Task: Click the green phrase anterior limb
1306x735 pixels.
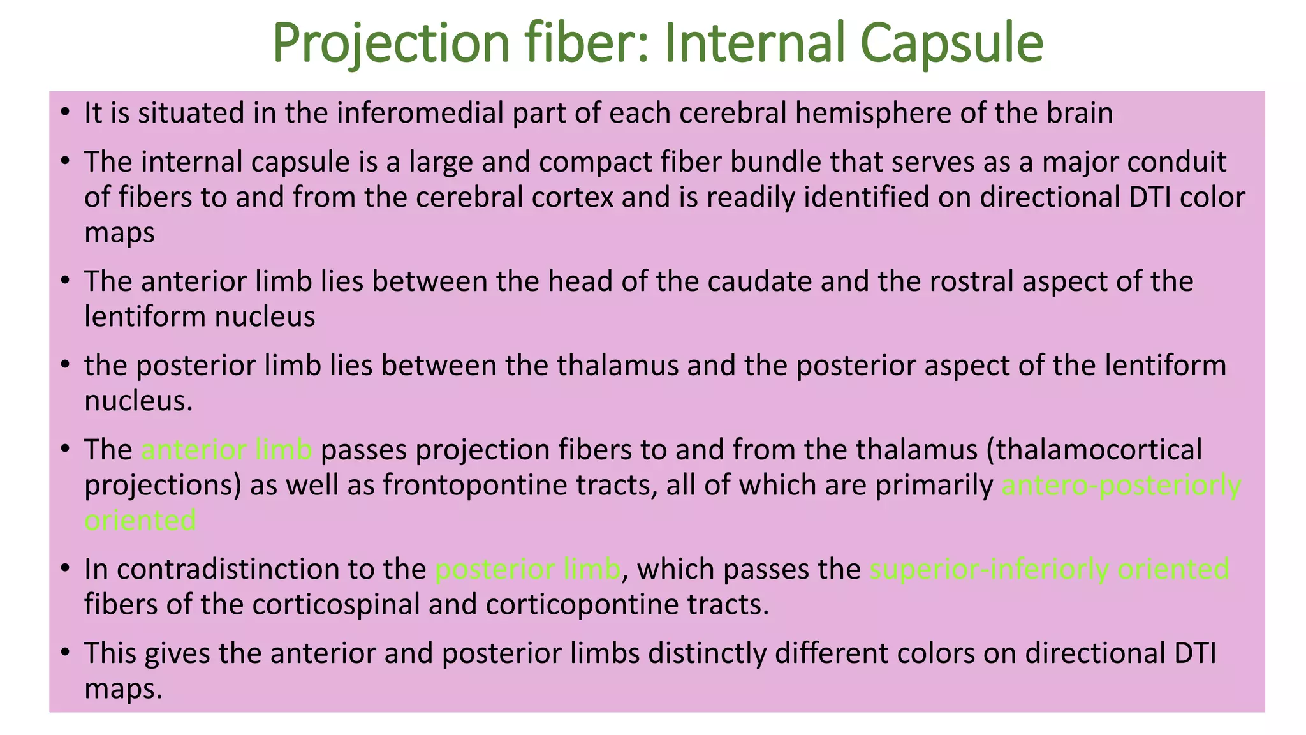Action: coord(227,450)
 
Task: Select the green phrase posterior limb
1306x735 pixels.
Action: coord(527,569)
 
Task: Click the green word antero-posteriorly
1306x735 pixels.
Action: coord(1121,486)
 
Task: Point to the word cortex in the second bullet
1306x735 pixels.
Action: coord(571,197)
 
